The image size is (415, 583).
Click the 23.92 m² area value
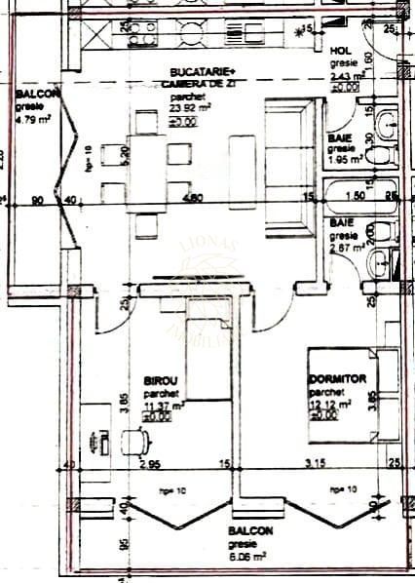point(186,110)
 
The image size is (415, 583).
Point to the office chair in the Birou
point(135,444)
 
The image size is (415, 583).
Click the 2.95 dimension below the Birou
point(149,465)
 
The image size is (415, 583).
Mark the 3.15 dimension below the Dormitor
point(317,465)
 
